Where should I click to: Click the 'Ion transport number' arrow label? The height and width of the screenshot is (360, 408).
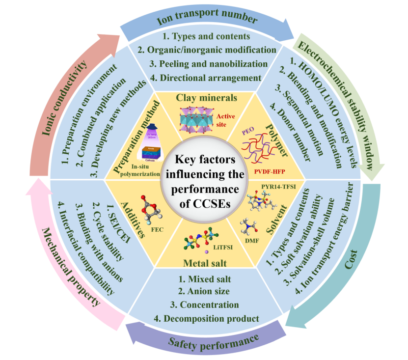[x=206, y=20]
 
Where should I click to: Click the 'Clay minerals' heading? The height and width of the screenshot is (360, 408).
[x=207, y=97]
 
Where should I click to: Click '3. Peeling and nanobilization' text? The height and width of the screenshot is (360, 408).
[x=205, y=63]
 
